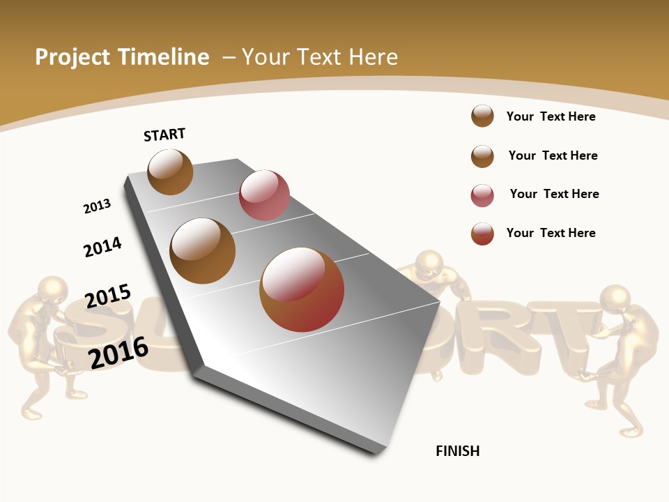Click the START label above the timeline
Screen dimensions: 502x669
164,135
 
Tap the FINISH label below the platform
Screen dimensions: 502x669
457,451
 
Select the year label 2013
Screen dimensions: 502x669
97,206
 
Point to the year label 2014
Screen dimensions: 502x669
102,247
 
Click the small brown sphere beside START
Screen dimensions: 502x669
170,172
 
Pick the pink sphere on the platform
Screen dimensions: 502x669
264,195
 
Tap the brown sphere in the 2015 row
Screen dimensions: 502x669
202,251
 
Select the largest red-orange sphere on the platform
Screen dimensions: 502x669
302,289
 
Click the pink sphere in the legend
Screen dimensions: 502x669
482,195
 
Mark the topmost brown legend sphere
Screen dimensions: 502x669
482,116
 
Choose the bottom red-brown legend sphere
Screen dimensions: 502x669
482,234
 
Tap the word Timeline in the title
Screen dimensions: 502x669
164,57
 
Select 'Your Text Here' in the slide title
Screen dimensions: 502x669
320,57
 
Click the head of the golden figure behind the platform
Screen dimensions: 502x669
429,264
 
